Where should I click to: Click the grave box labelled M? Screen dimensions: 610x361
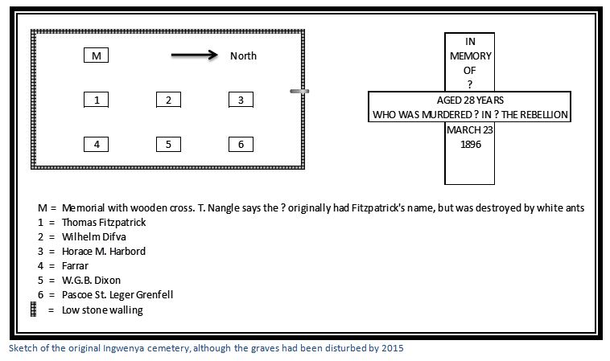click(96, 55)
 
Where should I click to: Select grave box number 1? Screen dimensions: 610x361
click(96, 100)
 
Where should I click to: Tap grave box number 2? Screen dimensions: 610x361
click(168, 100)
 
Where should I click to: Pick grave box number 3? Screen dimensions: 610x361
click(241, 100)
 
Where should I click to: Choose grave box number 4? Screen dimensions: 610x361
click(96, 144)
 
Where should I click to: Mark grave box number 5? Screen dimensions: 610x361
click(168, 144)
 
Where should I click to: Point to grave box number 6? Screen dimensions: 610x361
click(241, 144)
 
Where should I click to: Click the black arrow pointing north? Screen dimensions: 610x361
click(195, 55)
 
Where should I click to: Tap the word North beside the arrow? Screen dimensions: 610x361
click(243, 56)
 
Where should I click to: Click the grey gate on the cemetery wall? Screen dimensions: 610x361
click(299, 92)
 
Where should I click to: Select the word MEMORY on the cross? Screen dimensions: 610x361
click(470, 56)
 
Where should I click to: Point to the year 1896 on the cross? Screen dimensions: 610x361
click(471, 145)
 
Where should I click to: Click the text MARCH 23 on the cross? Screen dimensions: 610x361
click(469, 129)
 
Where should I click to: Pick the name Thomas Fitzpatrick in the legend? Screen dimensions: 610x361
click(104, 222)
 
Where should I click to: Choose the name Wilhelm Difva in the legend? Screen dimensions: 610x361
click(94, 236)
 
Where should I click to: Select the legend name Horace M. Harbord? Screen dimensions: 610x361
click(104, 252)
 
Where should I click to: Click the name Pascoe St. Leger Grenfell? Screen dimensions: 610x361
click(117, 295)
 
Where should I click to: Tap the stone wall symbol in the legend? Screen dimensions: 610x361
click(34, 310)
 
